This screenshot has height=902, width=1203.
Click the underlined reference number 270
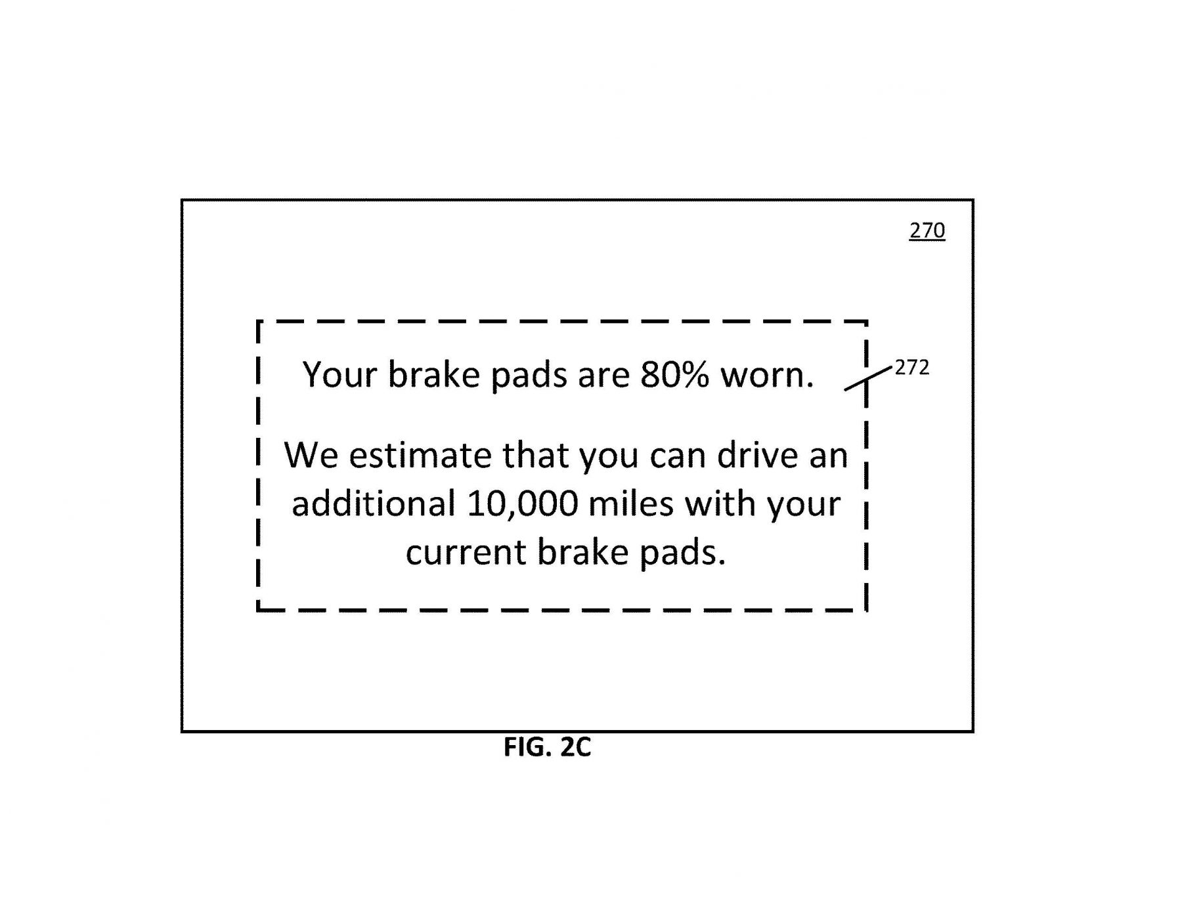click(x=927, y=230)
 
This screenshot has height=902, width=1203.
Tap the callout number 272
click(x=912, y=368)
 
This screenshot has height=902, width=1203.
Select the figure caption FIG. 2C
click(x=547, y=747)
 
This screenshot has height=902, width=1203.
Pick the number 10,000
click(x=523, y=504)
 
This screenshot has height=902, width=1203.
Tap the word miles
click(x=631, y=504)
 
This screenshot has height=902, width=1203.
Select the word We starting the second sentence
click(x=311, y=455)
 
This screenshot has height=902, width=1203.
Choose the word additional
click(x=374, y=504)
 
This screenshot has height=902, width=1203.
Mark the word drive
click(x=757, y=454)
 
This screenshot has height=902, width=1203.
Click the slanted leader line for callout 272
click(x=868, y=379)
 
